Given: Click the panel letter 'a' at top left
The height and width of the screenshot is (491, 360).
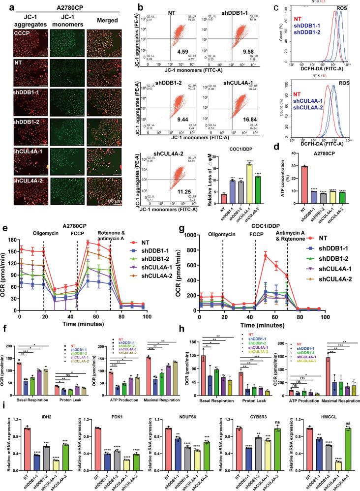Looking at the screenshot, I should (4, 5).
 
